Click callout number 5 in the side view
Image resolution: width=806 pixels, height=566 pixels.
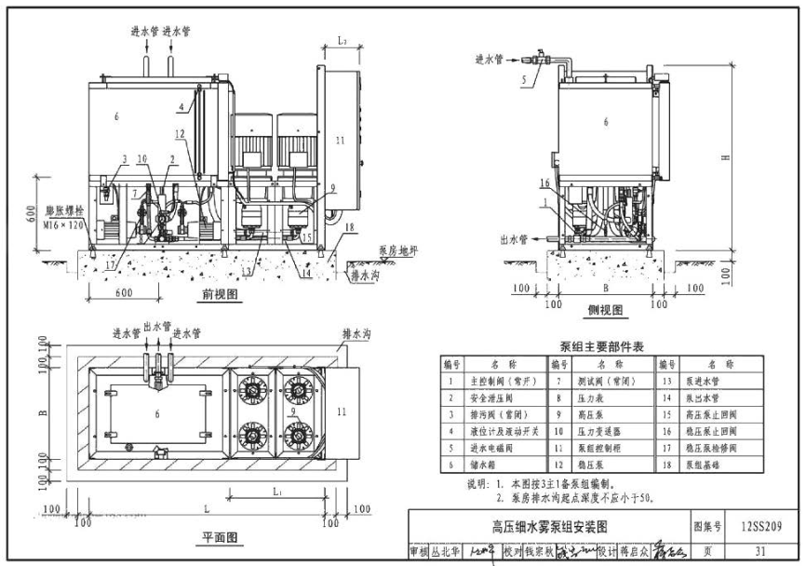point(524,82)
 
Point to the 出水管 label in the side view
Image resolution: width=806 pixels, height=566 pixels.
point(514,239)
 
